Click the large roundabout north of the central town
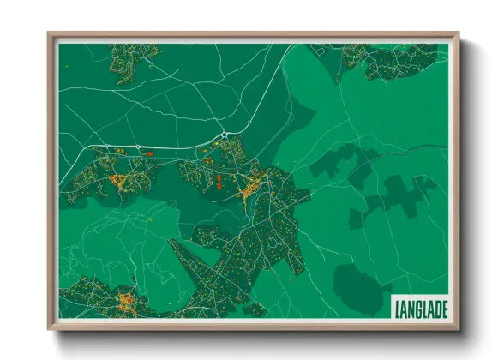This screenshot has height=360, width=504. click(225, 135)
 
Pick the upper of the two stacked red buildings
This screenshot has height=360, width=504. click(219, 177)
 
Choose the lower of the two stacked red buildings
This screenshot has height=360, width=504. click(219, 184)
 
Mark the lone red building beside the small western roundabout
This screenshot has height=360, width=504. click(150, 153)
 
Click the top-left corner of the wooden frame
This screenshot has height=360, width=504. click(50, 35)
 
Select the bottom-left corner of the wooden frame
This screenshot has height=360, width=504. click(50, 327)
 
